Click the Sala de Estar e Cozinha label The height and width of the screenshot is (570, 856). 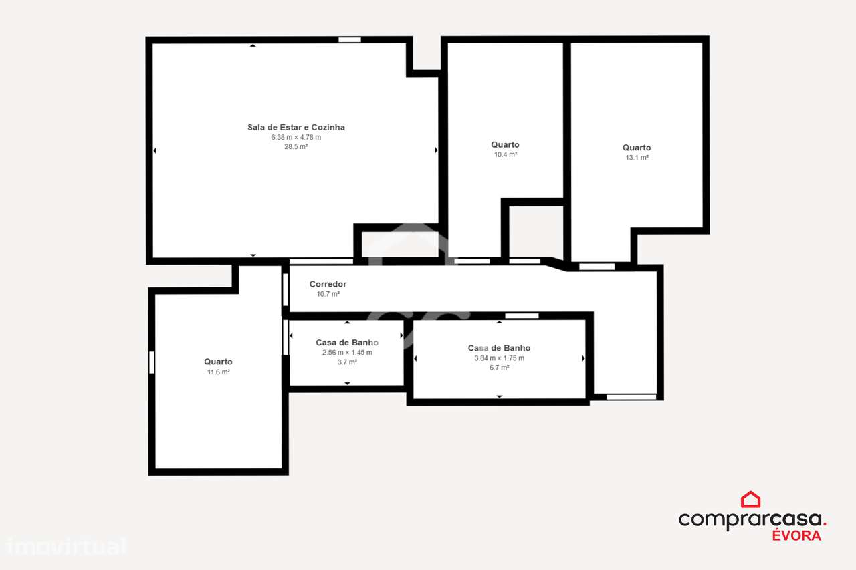296,127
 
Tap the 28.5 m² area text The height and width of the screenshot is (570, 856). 296,146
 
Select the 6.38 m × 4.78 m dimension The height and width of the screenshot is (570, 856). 296,137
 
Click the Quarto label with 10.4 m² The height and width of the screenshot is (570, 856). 505,144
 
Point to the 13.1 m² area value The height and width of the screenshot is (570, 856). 637,158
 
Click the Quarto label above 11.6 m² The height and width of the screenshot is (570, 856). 219,362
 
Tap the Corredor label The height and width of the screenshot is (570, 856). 328,284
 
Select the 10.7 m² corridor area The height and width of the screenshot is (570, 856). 328,294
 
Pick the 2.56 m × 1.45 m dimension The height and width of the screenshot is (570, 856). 347,352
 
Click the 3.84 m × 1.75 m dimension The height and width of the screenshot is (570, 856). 499,358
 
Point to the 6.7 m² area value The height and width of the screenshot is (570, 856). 499,368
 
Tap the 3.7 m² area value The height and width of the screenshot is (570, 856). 347,362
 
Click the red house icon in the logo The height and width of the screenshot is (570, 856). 750,499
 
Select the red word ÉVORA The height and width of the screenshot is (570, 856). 796,535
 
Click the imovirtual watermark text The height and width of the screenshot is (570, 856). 66,546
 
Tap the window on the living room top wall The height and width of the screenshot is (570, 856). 350,40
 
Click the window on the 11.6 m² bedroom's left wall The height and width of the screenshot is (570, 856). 152,362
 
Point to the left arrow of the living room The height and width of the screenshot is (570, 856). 154,151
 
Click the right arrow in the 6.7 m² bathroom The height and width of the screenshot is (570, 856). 583,359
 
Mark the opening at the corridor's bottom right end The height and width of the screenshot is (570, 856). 631,397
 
